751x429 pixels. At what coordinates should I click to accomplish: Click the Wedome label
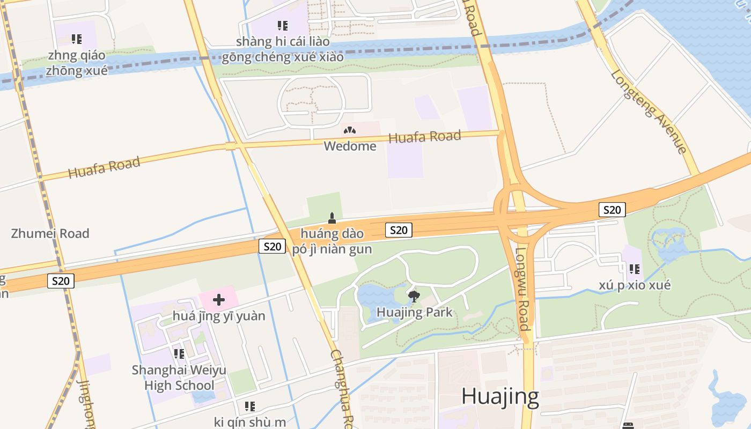350,146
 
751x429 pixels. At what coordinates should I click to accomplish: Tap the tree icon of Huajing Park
414,296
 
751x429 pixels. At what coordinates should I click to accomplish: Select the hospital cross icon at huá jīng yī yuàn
219,299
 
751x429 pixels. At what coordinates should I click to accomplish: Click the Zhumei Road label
50,233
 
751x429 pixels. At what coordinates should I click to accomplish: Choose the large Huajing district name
500,396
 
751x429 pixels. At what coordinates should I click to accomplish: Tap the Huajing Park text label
415,312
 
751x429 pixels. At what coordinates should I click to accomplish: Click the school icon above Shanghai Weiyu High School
179,354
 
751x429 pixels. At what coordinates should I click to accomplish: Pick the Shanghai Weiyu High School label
179,378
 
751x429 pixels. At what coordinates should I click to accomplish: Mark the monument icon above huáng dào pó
332,218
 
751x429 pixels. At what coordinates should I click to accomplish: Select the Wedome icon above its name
350,130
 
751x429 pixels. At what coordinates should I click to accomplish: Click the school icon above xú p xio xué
635,269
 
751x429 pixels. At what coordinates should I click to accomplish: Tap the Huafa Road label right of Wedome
424,137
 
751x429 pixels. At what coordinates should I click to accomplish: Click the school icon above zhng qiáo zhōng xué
77,39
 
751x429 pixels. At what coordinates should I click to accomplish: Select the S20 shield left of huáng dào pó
272,246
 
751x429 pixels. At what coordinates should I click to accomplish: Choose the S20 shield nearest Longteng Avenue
612,210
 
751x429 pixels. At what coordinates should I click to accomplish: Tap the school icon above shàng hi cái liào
283,25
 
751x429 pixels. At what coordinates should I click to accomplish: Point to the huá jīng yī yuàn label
219,316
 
